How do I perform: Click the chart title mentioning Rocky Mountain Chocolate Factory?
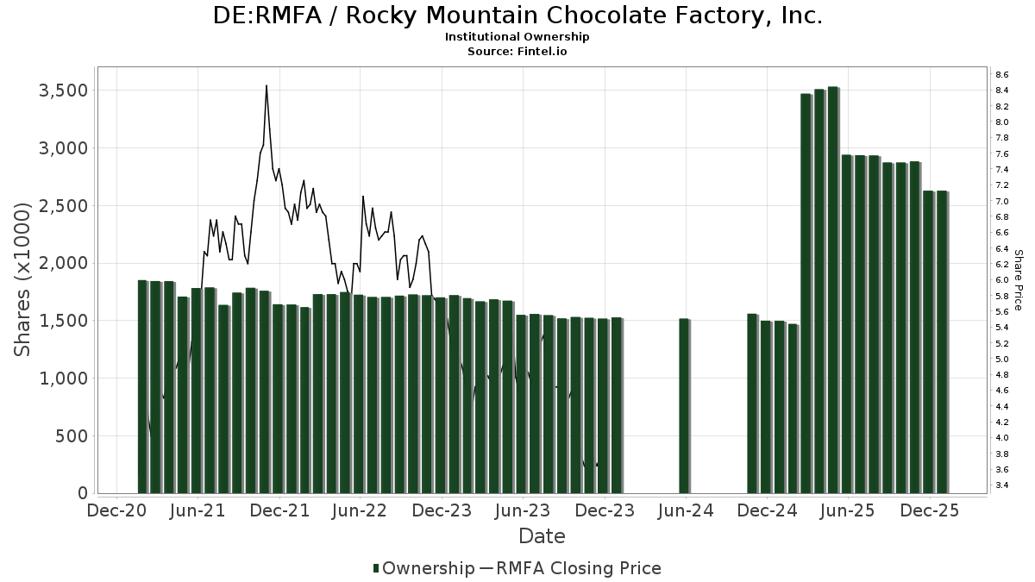(517, 16)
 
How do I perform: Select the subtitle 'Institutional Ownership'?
(517, 37)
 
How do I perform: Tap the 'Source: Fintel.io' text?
(517, 51)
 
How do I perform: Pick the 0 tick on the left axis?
(84, 493)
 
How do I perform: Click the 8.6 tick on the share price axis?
(1002, 75)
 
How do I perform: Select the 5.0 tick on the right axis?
(1002, 360)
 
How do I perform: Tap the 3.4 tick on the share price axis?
(1002, 485)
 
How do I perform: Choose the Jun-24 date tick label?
(685, 510)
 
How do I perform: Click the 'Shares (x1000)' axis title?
(23, 278)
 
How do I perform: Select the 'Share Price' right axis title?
(1019, 280)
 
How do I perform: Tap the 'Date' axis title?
(542, 536)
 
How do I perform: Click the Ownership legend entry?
(423, 568)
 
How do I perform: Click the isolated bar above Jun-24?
(684, 405)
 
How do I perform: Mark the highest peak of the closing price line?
(267, 85)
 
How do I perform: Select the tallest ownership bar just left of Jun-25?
(833, 290)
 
